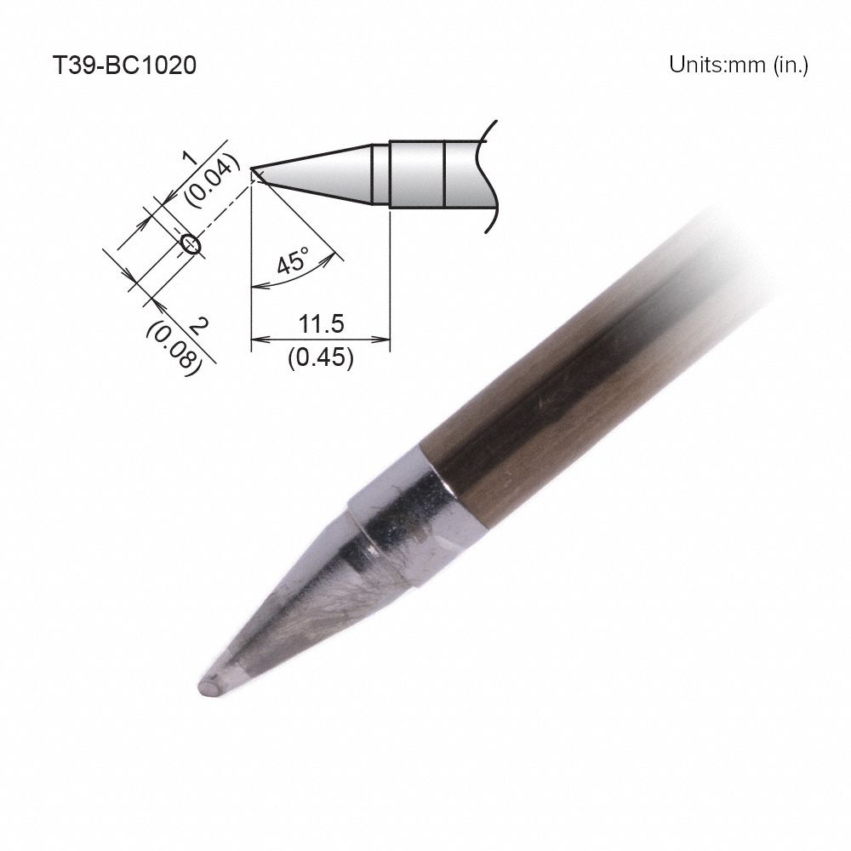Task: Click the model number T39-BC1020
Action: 124,66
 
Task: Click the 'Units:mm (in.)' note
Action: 738,66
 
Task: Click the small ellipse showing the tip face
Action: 190,244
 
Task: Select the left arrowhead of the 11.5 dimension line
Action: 257,340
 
